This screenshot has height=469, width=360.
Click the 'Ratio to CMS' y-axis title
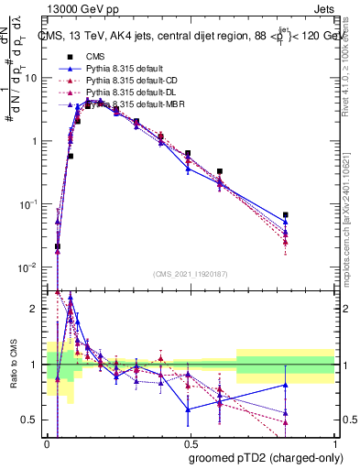click(x=12, y=365)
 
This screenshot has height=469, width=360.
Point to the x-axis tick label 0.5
click(x=191, y=444)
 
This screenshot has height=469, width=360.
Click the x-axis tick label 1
click(x=335, y=444)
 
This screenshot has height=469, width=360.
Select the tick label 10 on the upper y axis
click(x=31, y=78)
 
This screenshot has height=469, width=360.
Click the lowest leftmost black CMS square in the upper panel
click(x=58, y=246)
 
